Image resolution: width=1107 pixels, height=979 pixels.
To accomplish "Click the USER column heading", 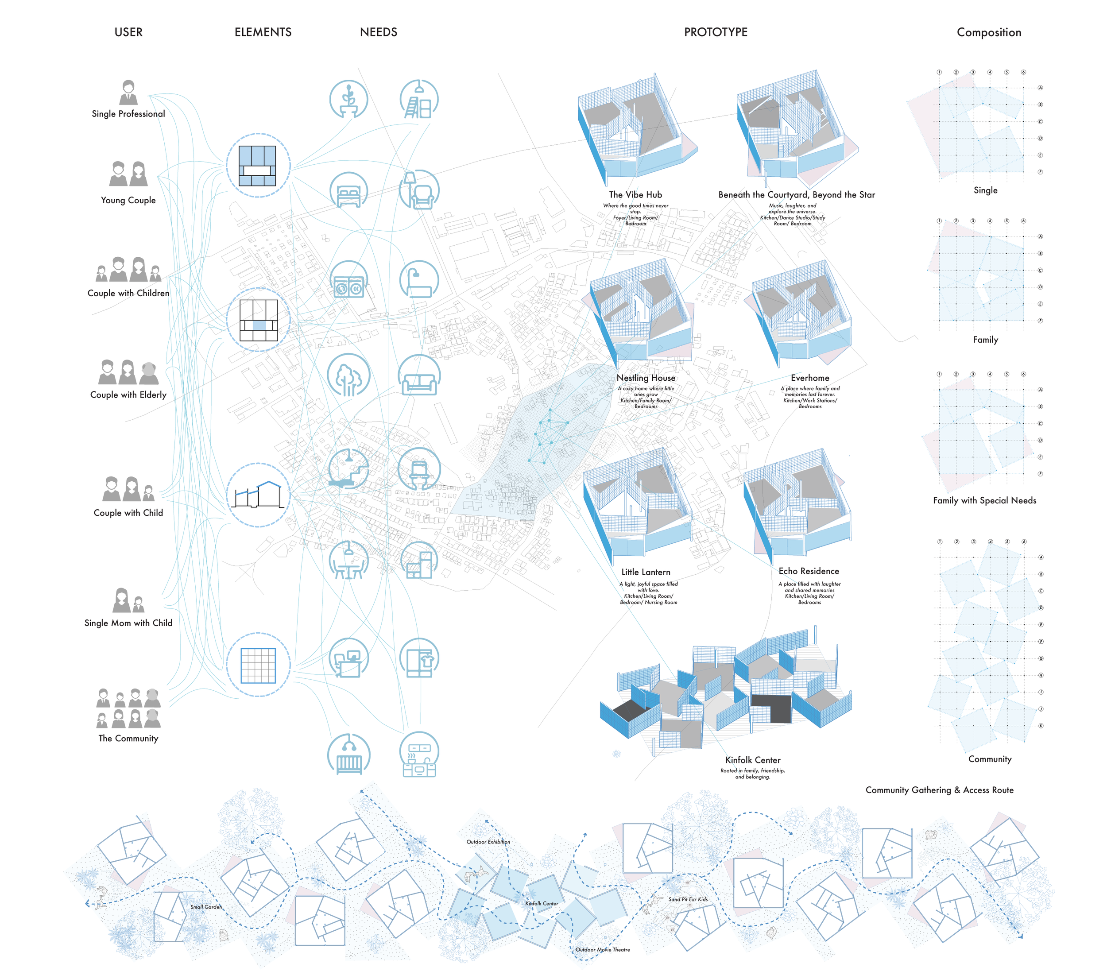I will [128, 32].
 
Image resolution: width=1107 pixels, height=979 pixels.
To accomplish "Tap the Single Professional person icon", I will [128, 93].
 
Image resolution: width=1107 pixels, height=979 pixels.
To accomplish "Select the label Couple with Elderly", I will [128, 395].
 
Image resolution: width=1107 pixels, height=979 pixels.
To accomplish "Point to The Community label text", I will [128, 738].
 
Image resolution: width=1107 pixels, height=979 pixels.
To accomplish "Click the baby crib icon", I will [349, 754].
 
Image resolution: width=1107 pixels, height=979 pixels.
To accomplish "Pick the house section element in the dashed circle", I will [258, 495].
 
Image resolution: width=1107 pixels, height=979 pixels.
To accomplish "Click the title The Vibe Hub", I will [635, 194].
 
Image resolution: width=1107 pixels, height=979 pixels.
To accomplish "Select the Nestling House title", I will [646, 378].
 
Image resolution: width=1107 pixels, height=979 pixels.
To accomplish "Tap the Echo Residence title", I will [809, 571].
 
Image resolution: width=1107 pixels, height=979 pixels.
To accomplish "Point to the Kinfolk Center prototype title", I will [753, 760].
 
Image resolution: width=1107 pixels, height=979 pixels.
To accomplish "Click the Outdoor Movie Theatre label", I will [602, 950].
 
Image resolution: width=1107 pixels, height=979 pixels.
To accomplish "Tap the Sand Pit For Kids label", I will [688, 899].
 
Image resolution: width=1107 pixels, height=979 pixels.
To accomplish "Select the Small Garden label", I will [206, 907].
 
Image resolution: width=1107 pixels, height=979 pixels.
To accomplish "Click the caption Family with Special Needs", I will [984, 500].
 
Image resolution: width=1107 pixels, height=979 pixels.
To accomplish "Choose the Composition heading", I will [988, 32].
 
